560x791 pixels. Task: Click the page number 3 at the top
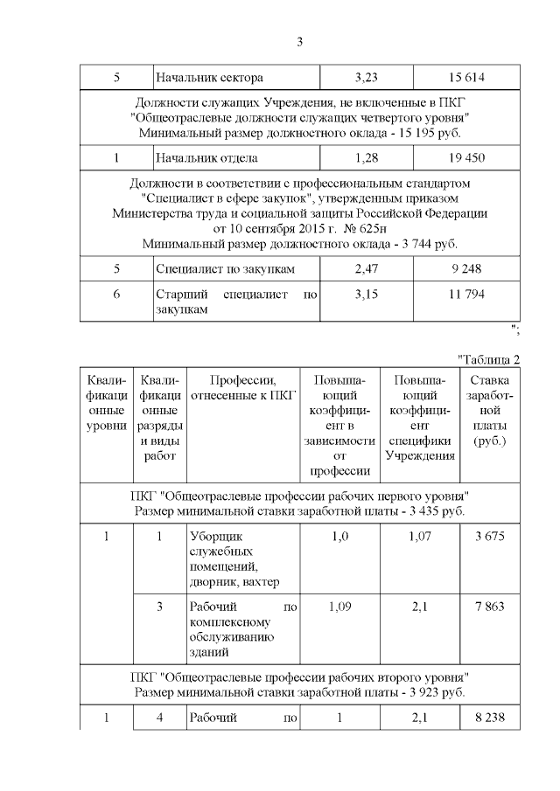[x=299, y=40]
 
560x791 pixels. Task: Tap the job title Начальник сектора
[x=209, y=78]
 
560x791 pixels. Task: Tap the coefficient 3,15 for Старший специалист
[x=366, y=295]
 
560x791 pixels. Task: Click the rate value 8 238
[x=490, y=718]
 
